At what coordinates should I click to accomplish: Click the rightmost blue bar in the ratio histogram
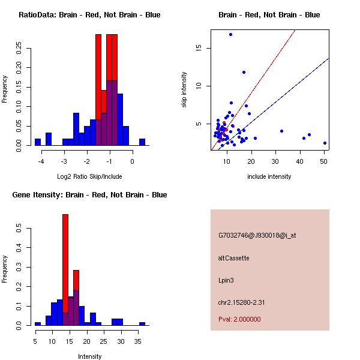click(142, 142)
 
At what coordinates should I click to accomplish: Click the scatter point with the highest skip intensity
click(230, 34)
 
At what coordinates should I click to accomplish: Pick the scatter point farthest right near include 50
click(325, 143)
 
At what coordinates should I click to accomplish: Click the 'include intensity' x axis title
click(269, 176)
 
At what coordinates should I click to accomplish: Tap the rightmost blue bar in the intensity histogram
click(142, 323)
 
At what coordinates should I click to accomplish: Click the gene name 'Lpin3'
click(227, 280)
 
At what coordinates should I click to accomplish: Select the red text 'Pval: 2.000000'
click(240, 319)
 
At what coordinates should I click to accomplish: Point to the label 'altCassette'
click(234, 258)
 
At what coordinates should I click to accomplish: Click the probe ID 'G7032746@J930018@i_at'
click(257, 235)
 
